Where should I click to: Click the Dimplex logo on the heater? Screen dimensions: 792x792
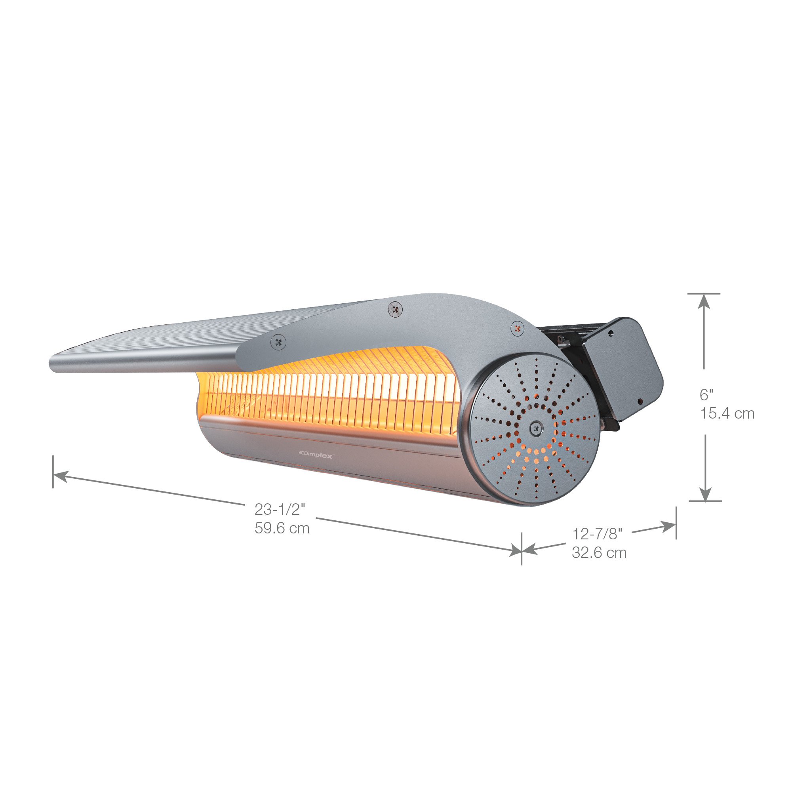(x=316, y=454)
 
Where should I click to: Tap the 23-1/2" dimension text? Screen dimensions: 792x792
(x=280, y=510)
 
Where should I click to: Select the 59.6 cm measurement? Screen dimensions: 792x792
(x=282, y=528)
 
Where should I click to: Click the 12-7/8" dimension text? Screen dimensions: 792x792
(x=597, y=534)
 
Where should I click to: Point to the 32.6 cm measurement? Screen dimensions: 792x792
(x=599, y=553)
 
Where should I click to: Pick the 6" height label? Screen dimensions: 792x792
(x=706, y=395)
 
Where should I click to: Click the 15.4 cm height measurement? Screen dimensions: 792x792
(x=727, y=414)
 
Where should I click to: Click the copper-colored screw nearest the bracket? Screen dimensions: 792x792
(x=518, y=328)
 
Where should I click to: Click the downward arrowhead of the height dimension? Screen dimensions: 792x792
(x=705, y=494)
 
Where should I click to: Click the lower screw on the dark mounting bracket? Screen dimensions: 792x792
(x=640, y=402)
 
